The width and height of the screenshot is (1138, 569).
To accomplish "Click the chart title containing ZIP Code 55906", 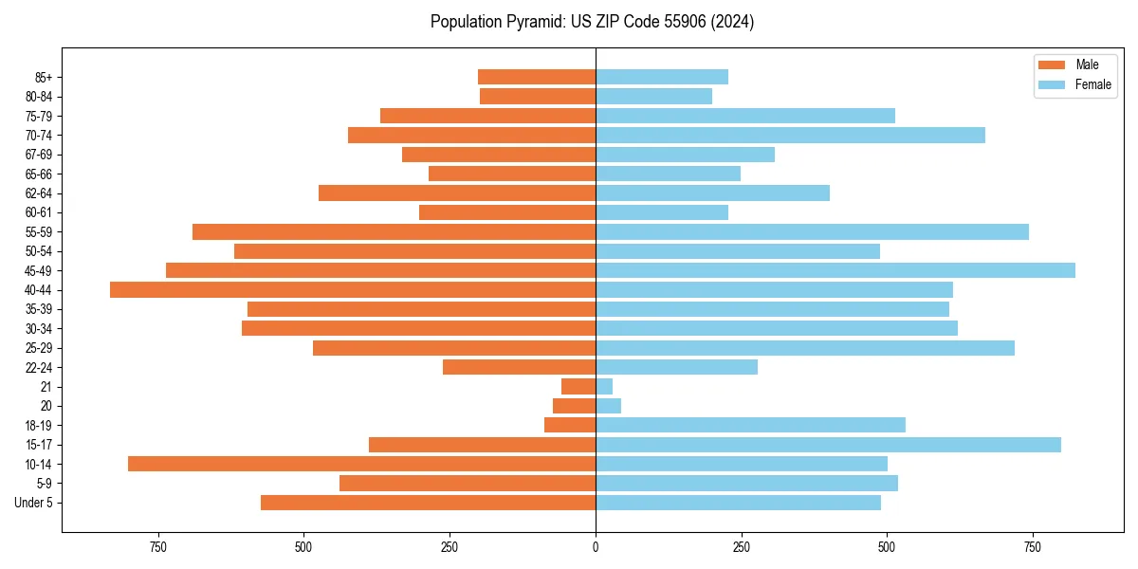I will (592, 22).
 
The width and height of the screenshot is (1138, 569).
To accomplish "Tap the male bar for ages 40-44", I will (353, 289).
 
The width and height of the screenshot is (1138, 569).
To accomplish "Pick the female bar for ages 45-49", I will (835, 270).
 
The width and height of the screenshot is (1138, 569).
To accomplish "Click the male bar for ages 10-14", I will (361, 464).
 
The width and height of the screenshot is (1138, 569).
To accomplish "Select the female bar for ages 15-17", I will (828, 445).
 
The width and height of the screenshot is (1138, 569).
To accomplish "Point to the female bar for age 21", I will (604, 386).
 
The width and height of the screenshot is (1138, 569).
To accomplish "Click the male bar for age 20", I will (575, 406).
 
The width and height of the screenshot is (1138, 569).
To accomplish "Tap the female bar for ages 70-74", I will (790, 135).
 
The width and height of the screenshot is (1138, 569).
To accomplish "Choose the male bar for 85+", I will (537, 77).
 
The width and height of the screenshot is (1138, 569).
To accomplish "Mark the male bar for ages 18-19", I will (570, 425).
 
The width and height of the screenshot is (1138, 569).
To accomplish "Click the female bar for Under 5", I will (738, 503).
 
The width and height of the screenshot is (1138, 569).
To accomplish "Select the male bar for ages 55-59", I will (394, 231).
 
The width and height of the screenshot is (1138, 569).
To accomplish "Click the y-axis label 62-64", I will (39, 193).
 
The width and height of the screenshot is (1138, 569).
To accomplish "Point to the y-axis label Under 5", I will (34, 503).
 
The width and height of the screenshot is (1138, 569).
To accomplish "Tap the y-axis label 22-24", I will (39, 367).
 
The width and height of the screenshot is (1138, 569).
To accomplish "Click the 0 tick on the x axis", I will (596, 547).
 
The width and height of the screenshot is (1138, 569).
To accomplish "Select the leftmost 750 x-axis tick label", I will (158, 547).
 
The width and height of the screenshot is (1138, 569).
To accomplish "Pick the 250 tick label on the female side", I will (742, 547).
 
